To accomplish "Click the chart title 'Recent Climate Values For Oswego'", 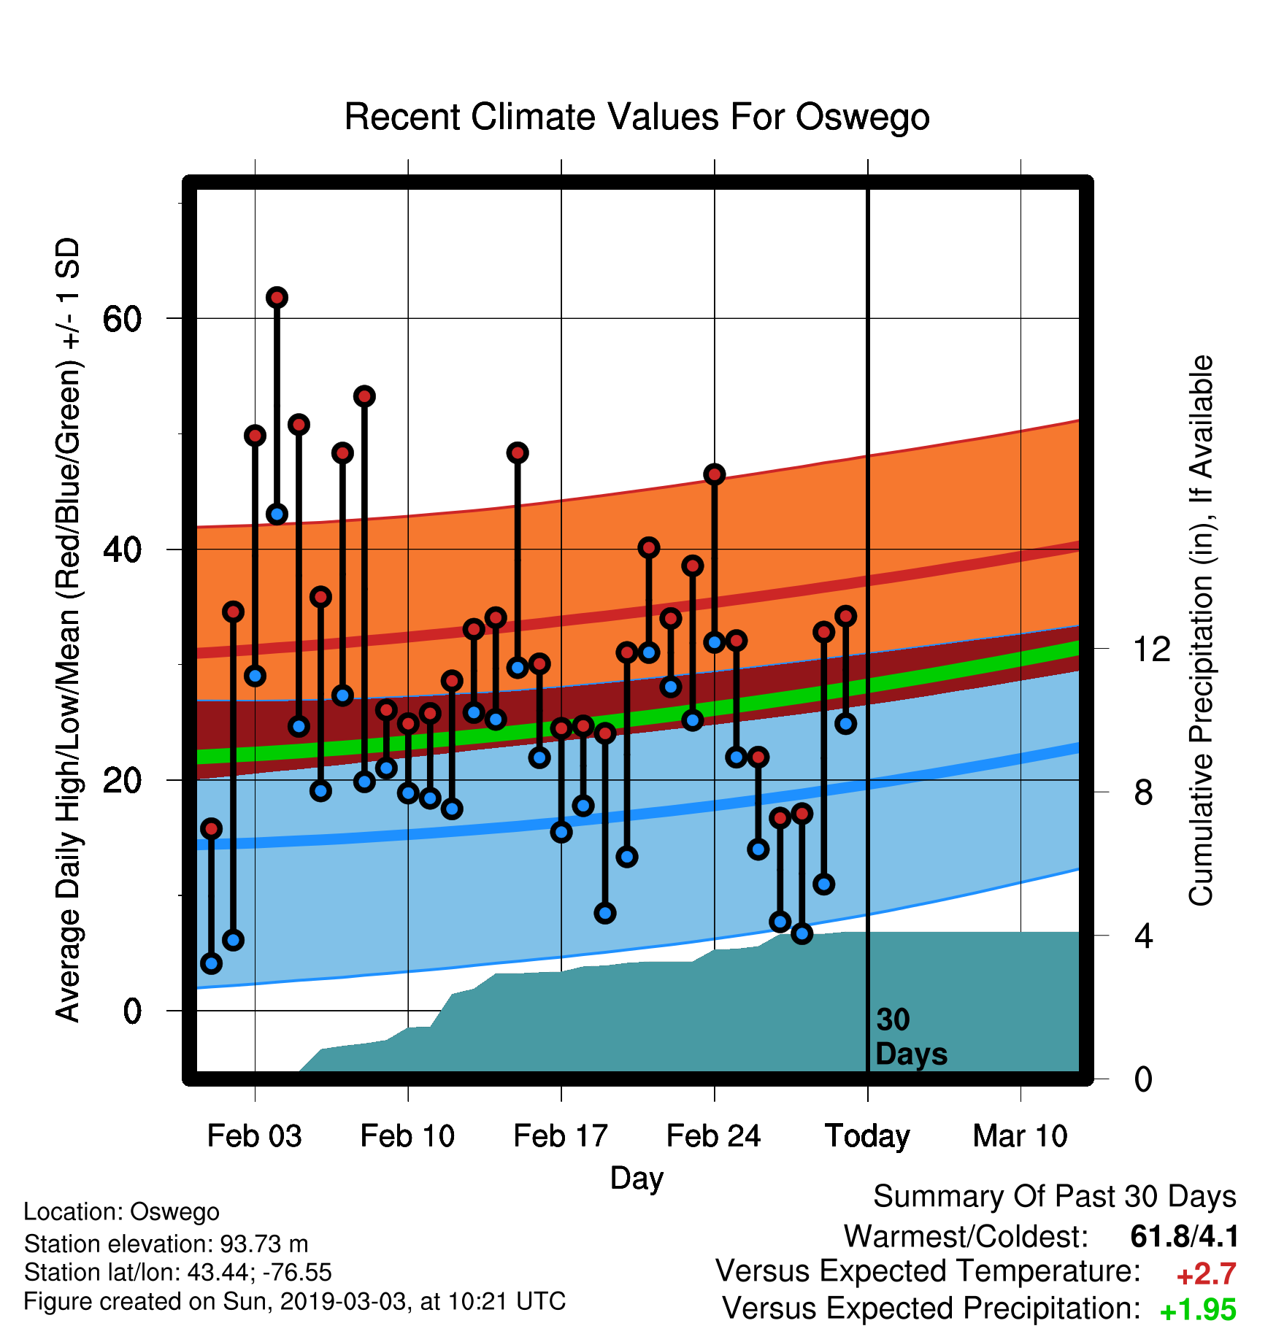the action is [637, 117].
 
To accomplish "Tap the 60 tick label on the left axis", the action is [122, 318].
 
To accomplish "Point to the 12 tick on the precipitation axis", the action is [1151, 649].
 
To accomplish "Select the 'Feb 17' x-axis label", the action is [561, 1136].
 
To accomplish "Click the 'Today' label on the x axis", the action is [867, 1136].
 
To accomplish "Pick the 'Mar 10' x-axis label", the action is [1021, 1136].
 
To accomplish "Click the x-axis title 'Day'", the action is [637, 1179].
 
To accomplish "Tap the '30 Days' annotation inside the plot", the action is [911, 1037].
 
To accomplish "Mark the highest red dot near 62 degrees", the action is [277, 297].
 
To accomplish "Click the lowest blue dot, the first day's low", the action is [211, 964].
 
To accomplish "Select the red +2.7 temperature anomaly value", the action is [1206, 1274].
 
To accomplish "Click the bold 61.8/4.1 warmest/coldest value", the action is [1184, 1237].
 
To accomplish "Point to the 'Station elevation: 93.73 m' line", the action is [166, 1244].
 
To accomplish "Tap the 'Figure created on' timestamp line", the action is [295, 1301].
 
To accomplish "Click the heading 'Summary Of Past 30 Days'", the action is [1055, 1197].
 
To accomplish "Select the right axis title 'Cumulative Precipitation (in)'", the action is [1201, 631].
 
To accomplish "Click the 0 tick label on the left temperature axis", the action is [132, 1011].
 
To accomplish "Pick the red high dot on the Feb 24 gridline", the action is [715, 474].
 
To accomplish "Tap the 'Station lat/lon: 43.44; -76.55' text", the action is [177, 1273].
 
